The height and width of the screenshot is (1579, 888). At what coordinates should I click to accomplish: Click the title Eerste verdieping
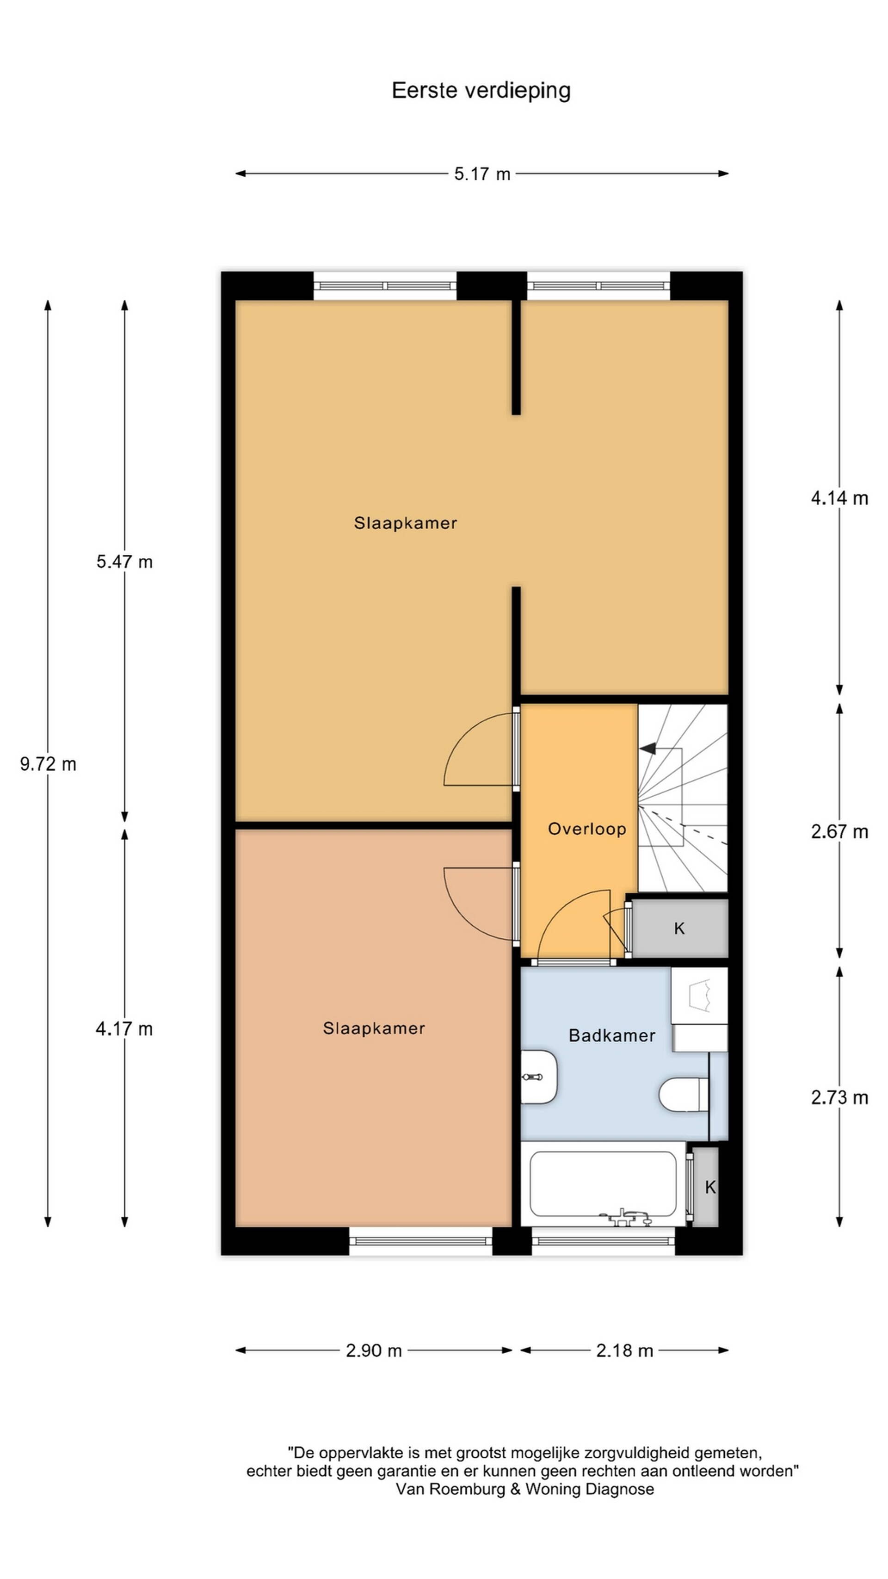click(481, 91)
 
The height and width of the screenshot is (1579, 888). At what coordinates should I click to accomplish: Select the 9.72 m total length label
click(48, 764)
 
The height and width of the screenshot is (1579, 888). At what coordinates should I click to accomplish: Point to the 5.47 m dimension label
click(124, 562)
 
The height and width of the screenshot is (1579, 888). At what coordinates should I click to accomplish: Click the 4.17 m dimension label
click(124, 1028)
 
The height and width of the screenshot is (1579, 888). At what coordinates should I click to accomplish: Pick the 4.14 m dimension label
click(839, 498)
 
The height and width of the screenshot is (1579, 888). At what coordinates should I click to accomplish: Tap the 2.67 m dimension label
click(839, 832)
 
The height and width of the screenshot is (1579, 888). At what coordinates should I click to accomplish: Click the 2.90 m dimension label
click(374, 1350)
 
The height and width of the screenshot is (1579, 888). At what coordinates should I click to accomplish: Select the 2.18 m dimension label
click(624, 1350)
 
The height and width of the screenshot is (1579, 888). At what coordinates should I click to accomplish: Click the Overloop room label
click(586, 829)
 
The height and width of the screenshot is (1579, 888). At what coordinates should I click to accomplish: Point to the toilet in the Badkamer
click(684, 1094)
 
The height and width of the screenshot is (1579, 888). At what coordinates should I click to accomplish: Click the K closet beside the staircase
click(679, 929)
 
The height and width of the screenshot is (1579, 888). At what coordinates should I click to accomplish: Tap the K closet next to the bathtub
click(705, 1187)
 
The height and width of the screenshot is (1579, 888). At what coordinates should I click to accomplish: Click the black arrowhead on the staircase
click(648, 749)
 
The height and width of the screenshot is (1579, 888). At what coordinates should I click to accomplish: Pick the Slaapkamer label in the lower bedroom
click(374, 1028)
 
